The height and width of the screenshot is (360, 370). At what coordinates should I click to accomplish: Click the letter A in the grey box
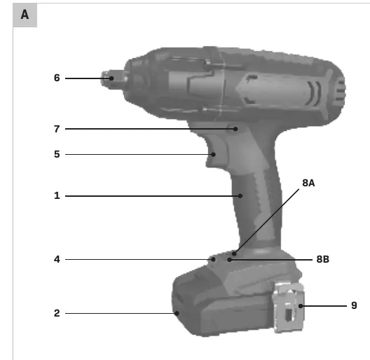(25, 15)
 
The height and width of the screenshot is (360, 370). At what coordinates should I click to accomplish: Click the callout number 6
(57, 78)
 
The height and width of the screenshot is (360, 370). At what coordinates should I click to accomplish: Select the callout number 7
(57, 129)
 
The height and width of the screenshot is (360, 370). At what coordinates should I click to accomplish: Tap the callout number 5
(57, 154)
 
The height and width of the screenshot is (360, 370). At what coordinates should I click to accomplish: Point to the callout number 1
(57, 195)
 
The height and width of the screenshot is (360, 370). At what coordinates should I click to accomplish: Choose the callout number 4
(57, 259)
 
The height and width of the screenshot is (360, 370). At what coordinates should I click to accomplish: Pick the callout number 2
(57, 313)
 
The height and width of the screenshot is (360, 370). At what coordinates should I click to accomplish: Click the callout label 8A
(308, 183)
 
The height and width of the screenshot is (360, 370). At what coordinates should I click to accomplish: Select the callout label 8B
(322, 259)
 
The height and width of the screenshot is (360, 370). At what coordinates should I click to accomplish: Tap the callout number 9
(354, 305)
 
